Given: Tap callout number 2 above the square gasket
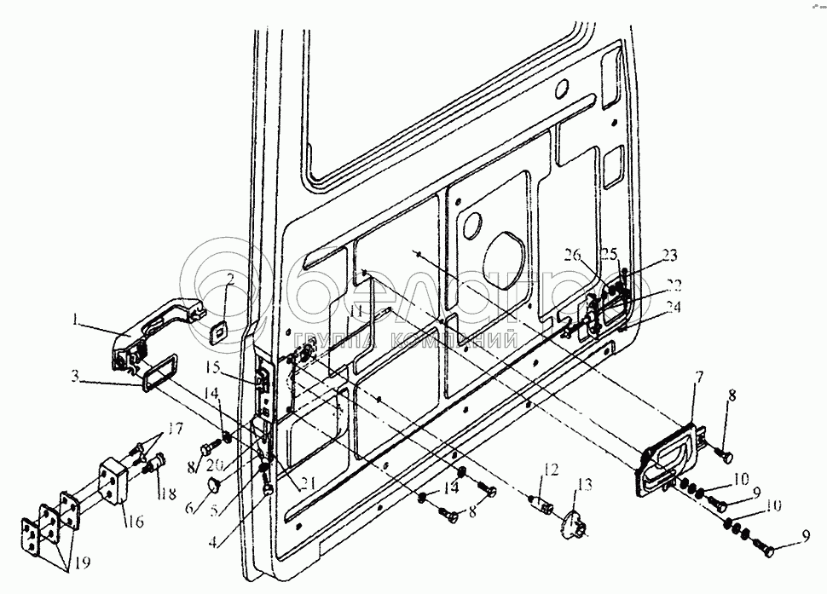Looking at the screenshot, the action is [228, 282].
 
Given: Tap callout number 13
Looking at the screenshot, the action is [584, 486].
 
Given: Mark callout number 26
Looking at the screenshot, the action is [571, 253].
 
